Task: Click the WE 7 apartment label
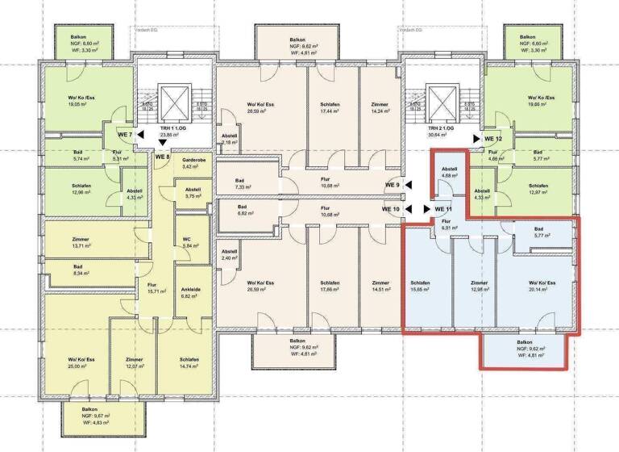coord(124,134)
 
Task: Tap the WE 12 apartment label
coord(493,139)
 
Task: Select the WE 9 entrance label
coord(393,186)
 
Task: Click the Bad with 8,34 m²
coord(78,270)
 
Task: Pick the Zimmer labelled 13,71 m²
coord(81,243)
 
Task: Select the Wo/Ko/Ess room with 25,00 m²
coord(81,362)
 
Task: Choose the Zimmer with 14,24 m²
coord(380,108)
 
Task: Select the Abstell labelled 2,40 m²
coord(229,255)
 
